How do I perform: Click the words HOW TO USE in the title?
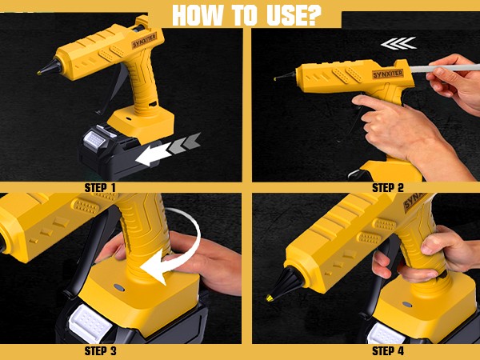pos(241,15)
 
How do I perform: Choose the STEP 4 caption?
pos(388,350)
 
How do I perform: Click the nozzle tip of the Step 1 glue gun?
pos(40,72)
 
